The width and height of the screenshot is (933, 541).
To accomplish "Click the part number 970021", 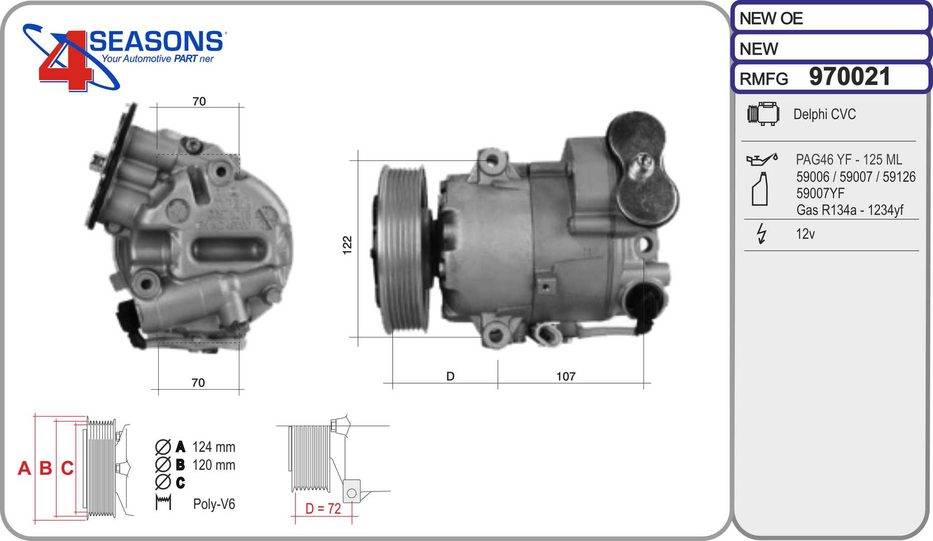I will pyautogui.click(x=849, y=77).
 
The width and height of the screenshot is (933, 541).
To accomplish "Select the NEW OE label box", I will pyautogui.click(x=830, y=19).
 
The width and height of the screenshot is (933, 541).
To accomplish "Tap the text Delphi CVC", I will pyautogui.click(x=824, y=114).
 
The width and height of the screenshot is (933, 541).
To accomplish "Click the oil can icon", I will pyautogui.click(x=762, y=159).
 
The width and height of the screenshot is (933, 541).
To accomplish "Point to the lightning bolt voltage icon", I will pyautogui.click(x=761, y=233).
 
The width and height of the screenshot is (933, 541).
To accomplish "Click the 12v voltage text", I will pyautogui.click(x=805, y=234).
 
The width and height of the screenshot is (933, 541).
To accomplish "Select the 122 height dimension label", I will pyautogui.click(x=347, y=245).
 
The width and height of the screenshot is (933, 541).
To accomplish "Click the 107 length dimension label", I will pyautogui.click(x=565, y=376).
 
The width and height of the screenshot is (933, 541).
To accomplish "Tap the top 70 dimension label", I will pyautogui.click(x=199, y=101).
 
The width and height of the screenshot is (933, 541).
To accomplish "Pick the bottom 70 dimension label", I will pyautogui.click(x=198, y=383).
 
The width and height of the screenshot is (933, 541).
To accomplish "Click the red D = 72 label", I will pyautogui.click(x=323, y=508).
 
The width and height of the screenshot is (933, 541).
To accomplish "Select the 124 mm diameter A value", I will pyautogui.click(x=213, y=447).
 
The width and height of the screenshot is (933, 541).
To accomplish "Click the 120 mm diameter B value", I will pyautogui.click(x=213, y=465).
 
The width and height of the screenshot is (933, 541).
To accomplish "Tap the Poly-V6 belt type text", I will pyautogui.click(x=214, y=504).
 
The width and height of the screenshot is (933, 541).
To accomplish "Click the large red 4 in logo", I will pyautogui.click(x=65, y=63).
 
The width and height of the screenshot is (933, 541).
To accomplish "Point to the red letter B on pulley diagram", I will pyautogui.click(x=46, y=468).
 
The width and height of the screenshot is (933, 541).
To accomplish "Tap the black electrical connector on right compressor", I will pyautogui.click(x=646, y=306).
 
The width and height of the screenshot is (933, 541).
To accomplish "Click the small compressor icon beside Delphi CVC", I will pyautogui.click(x=763, y=114).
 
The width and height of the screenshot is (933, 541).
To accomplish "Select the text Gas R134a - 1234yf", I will pyautogui.click(x=849, y=210).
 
